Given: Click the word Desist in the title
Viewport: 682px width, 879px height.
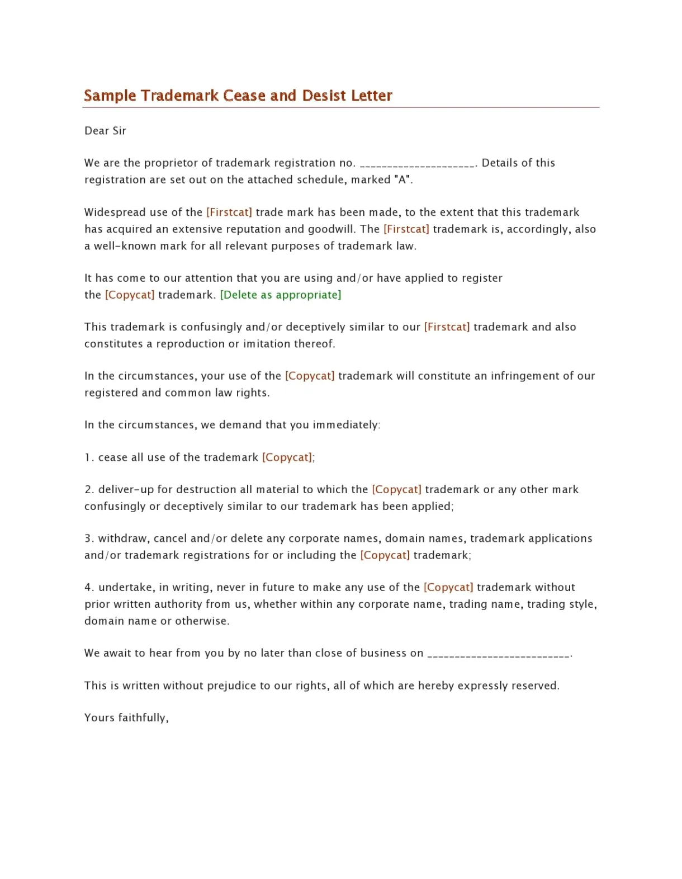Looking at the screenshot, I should coord(324,96).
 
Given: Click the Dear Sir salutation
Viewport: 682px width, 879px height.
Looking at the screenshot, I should coord(105,131).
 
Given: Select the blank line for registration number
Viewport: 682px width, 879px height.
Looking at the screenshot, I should coord(417,164).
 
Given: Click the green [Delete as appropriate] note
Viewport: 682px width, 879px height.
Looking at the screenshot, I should coord(281,295).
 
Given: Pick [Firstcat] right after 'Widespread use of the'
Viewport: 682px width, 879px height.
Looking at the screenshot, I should coord(229,212).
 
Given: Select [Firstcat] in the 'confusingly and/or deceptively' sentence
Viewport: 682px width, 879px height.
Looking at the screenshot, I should coord(447,327).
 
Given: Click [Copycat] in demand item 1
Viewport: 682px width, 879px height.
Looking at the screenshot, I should coord(287,457).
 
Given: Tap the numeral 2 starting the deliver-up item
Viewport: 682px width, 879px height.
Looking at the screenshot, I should coord(88,490).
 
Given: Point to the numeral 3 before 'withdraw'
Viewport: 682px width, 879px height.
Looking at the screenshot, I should coord(88,538).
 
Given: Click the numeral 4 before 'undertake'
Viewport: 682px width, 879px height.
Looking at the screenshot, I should coord(88,588).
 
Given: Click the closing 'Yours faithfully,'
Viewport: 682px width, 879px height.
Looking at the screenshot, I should coord(126,718).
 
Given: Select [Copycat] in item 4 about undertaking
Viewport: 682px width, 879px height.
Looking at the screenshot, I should coord(448,588).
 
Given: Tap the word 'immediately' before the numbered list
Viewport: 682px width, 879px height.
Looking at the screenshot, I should coord(345,425).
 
